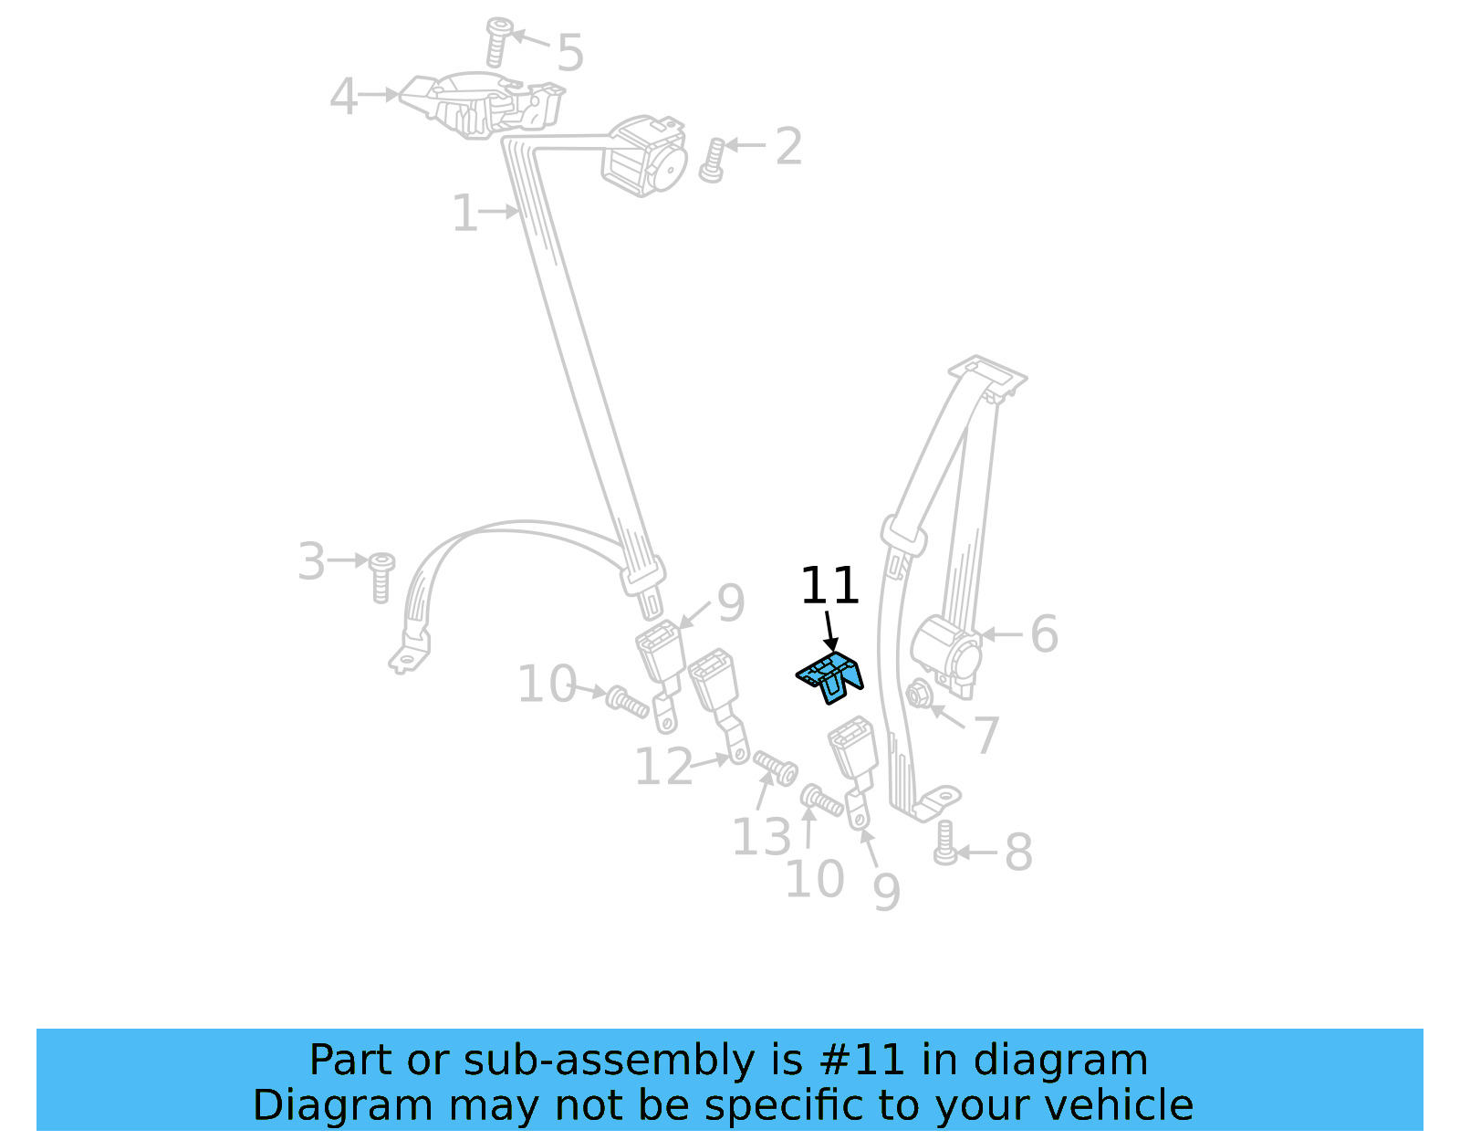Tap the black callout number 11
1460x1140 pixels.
pos(829,586)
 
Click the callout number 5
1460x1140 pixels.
pos(569,53)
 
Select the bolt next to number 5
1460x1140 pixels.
pos(497,41)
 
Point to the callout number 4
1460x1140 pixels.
pos(343,97)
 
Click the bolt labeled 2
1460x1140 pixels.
pos(712,161)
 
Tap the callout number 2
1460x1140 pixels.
pos(788,146)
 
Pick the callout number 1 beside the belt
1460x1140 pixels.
pos(464,214)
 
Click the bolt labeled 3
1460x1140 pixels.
pos(381,577)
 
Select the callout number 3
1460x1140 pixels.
pos(311,561)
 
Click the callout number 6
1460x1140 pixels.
pos(1044,633)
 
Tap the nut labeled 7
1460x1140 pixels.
pos(918,695)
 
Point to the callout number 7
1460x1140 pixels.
pos(986,735)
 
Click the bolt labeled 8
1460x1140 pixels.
pos(945,842)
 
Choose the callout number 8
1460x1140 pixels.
pos(1018,852)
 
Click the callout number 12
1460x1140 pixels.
pos(663,767)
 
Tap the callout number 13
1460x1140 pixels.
pos(761,837)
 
